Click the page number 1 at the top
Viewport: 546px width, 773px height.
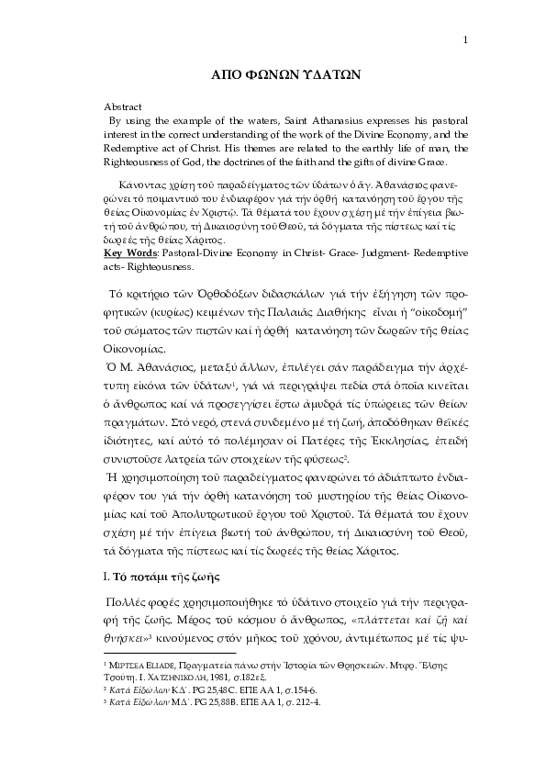pos(466,39)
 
